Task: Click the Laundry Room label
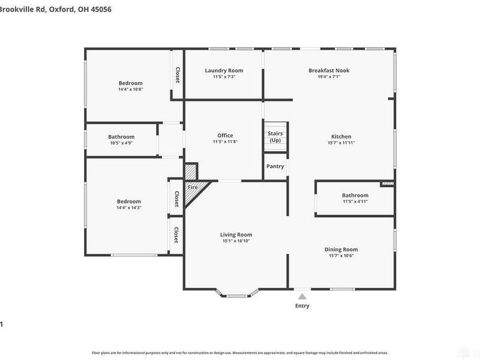(x=224, y=70)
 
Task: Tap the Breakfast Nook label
(x=329, y=70)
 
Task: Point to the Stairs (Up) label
(x=275, y=137)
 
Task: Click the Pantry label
(x=275, y=166)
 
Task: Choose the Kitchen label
(x=341, y=136)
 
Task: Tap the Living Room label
(x=236, y=235)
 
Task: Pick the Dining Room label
(x=341, y=249)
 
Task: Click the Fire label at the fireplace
(x=193, y=188)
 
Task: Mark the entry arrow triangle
(x=302, y=296)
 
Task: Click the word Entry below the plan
(x=302, y=306)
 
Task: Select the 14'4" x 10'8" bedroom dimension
(x=130, y=89)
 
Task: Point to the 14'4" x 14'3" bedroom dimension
(x=128, y=208)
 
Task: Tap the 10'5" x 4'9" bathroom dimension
(x=121, y=143)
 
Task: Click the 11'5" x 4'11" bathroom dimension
(x=355, y=202)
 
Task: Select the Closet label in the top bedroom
(x=177, y=74)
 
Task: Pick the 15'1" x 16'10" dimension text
(x=236, y=241)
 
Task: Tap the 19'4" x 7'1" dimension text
(x=329, y=77)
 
